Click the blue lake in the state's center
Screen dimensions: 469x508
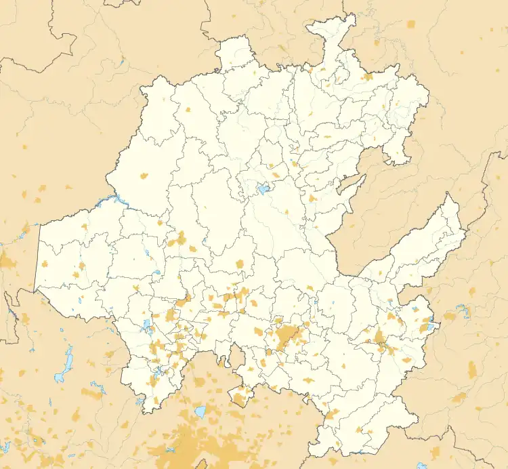262,190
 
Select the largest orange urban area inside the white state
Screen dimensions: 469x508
287,336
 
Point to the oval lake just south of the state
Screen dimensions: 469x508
200,411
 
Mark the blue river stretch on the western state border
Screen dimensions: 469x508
112,201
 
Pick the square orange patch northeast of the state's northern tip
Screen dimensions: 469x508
411,24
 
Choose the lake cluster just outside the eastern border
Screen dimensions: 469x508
464,312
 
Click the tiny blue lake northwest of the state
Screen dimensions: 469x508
120,66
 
